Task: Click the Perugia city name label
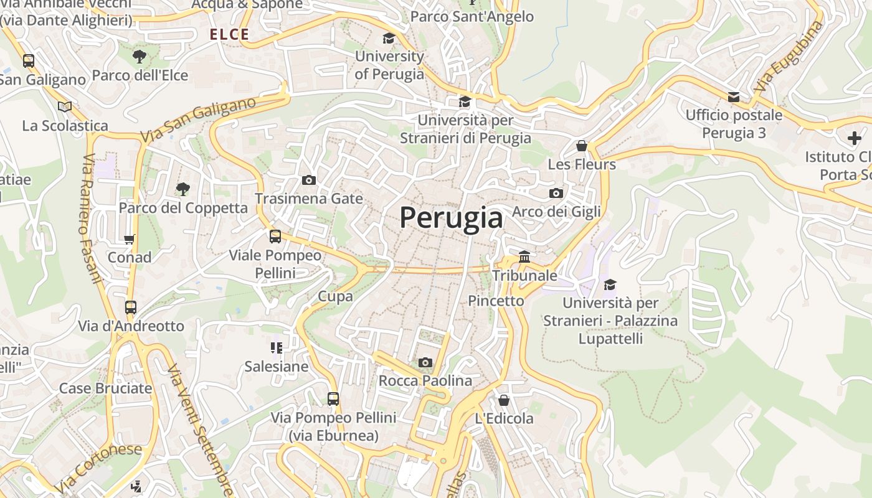click(x=451, y=217)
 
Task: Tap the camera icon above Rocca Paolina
click(x=425, y=362)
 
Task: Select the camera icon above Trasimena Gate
click(x=308, y=181)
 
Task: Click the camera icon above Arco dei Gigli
click(x=556, y=194)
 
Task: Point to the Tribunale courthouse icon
click(x=524, y=256)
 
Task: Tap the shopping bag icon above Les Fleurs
click(x=581, y=146)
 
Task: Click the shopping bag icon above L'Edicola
click(x=504, y=400)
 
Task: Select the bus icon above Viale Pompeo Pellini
click(x=275, y=237)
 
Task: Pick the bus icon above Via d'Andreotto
click(x=131, y=307)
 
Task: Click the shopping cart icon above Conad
click(x=130, y=239)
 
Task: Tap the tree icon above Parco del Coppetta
click(x=182, y=189)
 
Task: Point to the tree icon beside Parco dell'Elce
click(x=140, y=57)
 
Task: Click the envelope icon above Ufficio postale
click(x=734, y=96)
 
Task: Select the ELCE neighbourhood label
click(x=229, y=35)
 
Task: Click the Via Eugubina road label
click(x=789, y=57)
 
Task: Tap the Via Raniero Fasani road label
click(x=90, y=218)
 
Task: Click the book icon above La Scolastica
click(x=65, y=106)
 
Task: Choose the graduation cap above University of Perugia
click(x=389, y=39)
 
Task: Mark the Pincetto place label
click(x=496, y=301)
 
